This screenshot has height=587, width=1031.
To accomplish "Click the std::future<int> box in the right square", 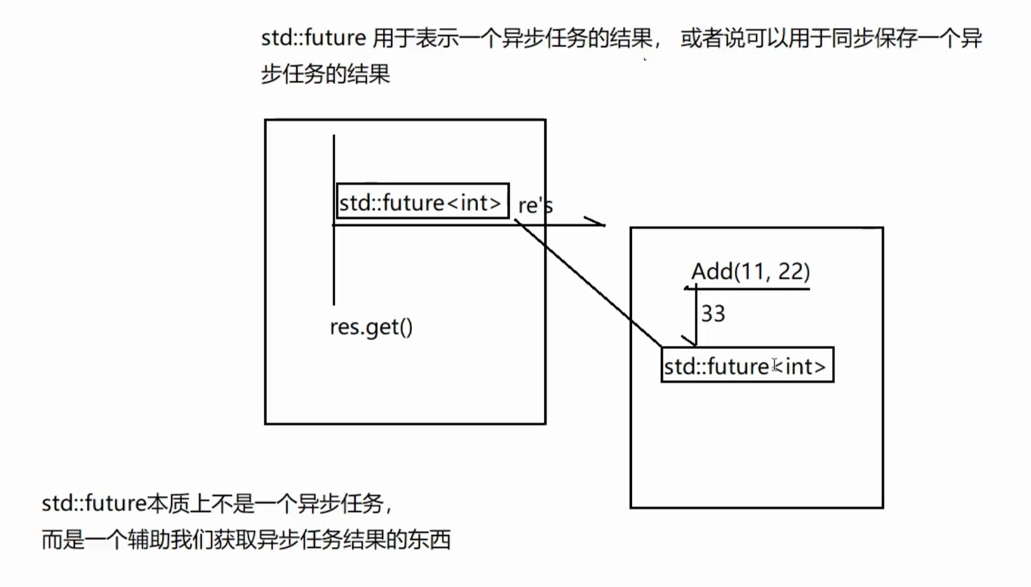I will [x=747, y=366].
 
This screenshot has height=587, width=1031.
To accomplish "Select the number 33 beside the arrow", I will [x=713, y=314].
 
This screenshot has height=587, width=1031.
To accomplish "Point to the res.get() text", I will [x=371, y=327].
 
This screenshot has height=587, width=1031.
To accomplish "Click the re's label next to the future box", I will [x=535, y=205].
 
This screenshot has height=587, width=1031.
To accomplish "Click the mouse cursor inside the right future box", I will [x=776, y=366].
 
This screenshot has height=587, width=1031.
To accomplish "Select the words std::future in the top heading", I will [x=314, y=40].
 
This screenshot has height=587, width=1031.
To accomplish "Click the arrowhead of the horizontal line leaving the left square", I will [x=597, y=222].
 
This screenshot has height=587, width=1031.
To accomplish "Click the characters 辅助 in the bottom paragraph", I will [x=148, y=540].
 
